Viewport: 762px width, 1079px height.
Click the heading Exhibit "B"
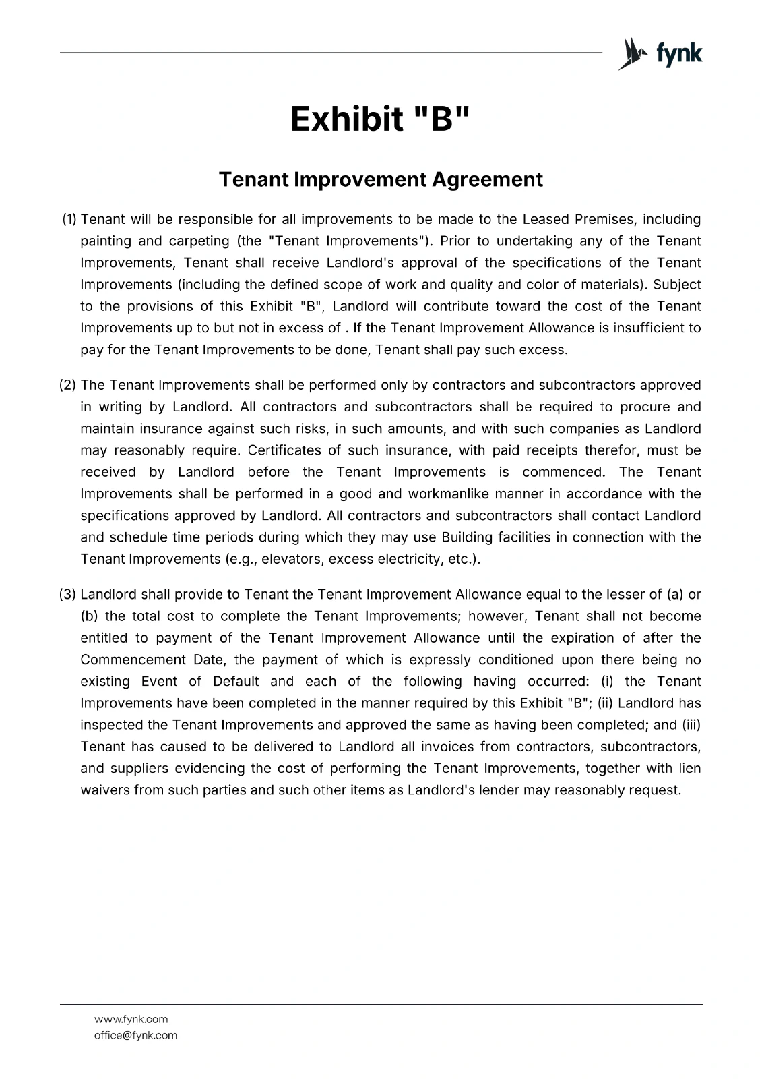[x=381, y=119]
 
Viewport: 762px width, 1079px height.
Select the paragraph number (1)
[x=70, y=219]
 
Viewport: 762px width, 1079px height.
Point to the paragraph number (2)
[x=68, y=385]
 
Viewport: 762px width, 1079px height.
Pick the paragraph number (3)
[x=68, y=594]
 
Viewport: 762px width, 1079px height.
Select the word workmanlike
[x=446, y=494]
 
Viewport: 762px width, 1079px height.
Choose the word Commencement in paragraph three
[x=133, y=660]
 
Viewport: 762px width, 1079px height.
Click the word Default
[x=236, y=681]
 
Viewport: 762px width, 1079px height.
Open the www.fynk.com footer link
[x=131, y=1019]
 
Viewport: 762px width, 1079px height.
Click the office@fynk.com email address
[x=135, y=1035]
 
